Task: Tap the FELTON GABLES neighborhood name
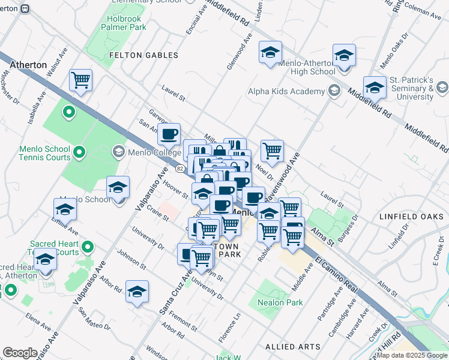coord(143,55)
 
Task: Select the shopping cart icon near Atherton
coord(80,80)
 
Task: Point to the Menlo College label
coord(146,152)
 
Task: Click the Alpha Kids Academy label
coord(286,91)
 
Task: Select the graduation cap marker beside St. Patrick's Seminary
coord(375,87)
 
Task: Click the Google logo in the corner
coord(20,352)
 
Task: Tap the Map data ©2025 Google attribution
coord(411,355)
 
